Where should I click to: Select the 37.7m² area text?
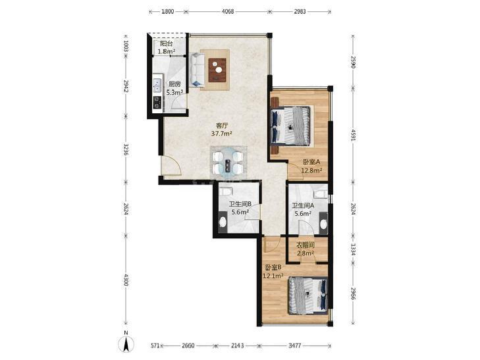click(x=221, y=134)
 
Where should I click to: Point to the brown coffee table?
click(x=217, y=70)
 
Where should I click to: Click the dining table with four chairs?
click(x=228, y=163)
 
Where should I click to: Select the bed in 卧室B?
click(x=307, y=296)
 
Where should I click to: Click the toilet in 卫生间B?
click(x=226, y=192)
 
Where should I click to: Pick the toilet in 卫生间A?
click(x=321, y=193)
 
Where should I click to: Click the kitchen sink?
click(x=157, y=86)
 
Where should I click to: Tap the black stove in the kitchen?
click(x=157, y=103)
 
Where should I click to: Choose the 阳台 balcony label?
click(x=166, y=43)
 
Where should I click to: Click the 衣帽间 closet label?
click(x=306, y=245)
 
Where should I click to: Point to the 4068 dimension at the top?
click(x=228, y=12)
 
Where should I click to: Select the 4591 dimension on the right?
click(x=353, y=135)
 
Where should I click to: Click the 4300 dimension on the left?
click(x=126, y=280)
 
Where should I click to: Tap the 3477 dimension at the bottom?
click(x=294, y=346)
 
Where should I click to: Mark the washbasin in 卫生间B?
click(x=223, y=222)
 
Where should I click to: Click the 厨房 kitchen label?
click(x=174, y=84)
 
